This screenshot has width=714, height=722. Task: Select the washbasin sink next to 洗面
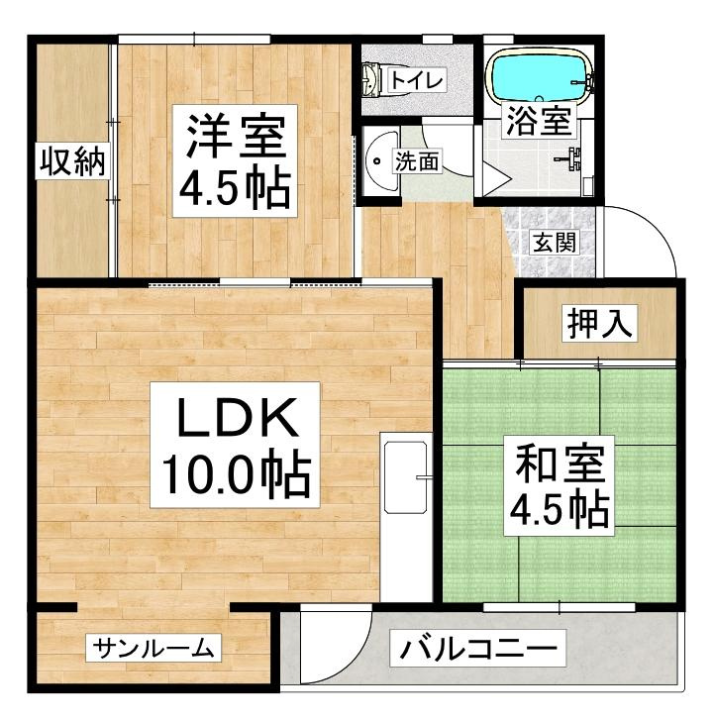tap(382, 160)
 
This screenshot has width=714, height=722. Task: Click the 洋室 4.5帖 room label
tap(235, 160)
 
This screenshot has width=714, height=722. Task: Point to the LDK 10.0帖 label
tap(235, 445)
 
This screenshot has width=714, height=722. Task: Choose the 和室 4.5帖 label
tap(559, 485)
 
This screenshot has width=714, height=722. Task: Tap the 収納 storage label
tap(72, 160)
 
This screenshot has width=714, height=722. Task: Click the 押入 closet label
tap(599, 323)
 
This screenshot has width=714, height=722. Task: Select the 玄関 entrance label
tap(555, 242)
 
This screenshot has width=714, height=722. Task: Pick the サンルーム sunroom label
tap(153, 649)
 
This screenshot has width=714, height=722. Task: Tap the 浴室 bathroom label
tap(539, 121)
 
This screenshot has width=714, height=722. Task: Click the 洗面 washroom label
tap(417, 160)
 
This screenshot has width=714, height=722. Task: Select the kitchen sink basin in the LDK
tap(406, 477)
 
